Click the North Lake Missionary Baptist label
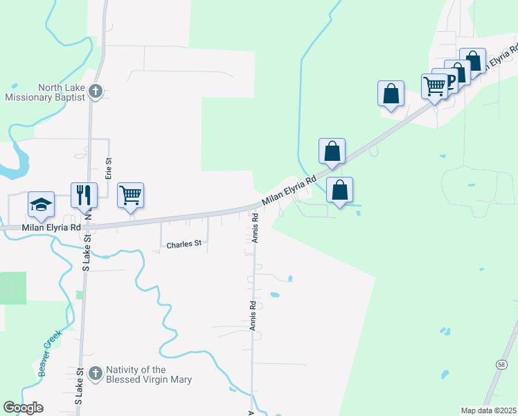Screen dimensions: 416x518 pyautogui.click(x=44, y=92)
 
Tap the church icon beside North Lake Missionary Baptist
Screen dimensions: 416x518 pyautogui.click(x=96, y=92)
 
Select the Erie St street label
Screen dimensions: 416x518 pyautogui.click(x=109, y=168)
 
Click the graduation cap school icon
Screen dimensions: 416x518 pyautogui.click(x=42, y=204)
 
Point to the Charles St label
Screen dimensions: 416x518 pyautogui.click(x=184, y=244)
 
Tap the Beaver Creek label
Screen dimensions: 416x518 pyautogui.click(x=50, y=352)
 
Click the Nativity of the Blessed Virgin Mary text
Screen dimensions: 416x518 pyautogui.click(x=149, y=374)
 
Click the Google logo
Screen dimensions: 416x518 pyautogui.click(x=23, y=408)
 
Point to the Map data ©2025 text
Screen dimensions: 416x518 pyautogui.click(x=488, y=410)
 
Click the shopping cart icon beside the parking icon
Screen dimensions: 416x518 pyautogui.click(x=435, y=86)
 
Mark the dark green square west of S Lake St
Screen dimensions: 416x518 pyautogui.click(x=13, y=288)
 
